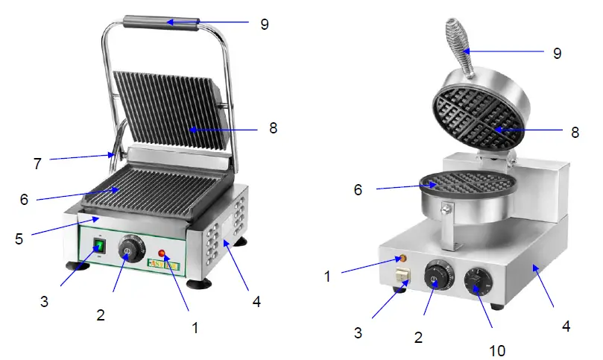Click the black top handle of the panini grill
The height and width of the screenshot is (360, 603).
coord(161,23)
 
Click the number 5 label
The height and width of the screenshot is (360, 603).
coord(19,239)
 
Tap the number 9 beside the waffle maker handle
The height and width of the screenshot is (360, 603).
coord(558,53)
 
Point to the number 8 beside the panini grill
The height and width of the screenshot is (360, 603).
coord(274,127)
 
